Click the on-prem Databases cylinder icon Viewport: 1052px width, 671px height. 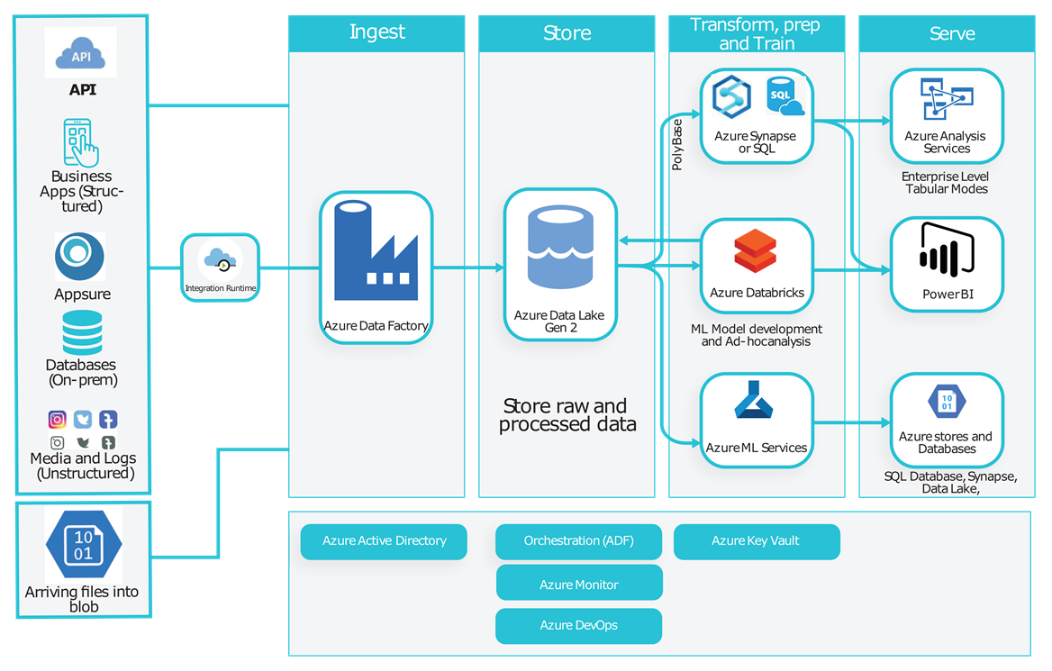coord(82,332)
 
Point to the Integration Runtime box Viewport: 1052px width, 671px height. coord(221,267)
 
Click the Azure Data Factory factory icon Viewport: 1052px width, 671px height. coord(376,251)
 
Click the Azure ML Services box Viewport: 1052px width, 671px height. coord(757,421)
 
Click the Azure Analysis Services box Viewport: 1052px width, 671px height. coord(946,115)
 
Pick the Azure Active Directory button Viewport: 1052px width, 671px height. coord(384,541)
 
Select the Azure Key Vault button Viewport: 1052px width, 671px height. coord(756,541)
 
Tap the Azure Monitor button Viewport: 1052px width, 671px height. coord(579,584)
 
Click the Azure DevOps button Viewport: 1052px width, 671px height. coord(578,625)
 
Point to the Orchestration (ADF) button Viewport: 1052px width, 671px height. coord(578,541)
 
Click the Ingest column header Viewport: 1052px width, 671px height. coord(376,32)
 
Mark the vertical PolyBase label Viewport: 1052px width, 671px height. coord(677,143)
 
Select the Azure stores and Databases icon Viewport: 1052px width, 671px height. coord(946,403)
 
